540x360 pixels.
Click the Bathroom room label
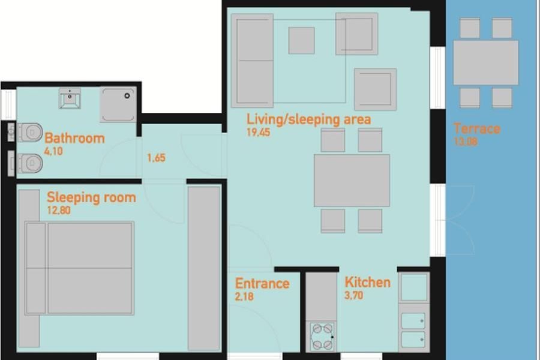point(74,138)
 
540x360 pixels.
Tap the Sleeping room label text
point(91,197)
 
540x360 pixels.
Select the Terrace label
point(477,128)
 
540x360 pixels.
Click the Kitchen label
point(367,282)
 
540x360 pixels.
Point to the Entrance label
point(262,284)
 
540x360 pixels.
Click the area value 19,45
point(258,132)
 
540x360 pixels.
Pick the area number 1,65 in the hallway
point(157,158)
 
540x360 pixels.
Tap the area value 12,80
point(59,210)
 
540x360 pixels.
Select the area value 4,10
point(53,151)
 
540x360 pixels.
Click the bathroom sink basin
point(70,98)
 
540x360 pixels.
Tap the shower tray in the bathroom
point(118,104)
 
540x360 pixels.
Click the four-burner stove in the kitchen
point(322,337)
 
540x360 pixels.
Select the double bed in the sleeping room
point(80,268)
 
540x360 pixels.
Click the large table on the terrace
point(485,62)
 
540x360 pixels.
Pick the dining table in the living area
point(352,181)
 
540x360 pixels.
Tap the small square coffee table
point(301,41)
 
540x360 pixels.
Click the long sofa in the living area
point(253,61)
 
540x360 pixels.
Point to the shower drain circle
point(127,96)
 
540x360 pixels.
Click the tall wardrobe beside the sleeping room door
point(204,268)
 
